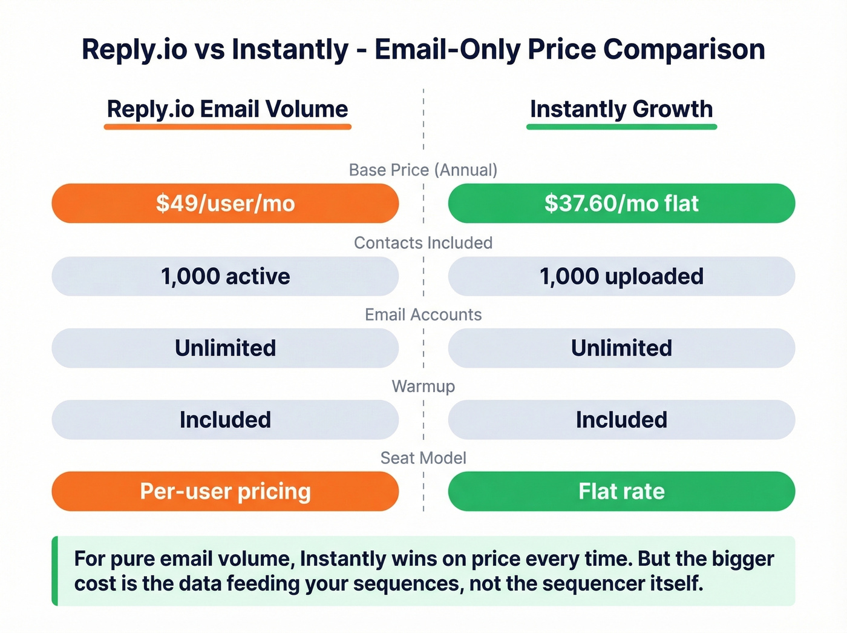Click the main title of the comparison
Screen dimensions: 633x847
coord(423,50)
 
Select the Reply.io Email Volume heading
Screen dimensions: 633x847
coord(227,109)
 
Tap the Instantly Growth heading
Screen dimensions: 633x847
coord(621,109)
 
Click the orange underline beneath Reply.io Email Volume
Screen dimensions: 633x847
coord(227,127)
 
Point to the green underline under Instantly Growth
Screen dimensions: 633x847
coord(621,127)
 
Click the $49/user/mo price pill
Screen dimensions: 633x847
coord(225,204)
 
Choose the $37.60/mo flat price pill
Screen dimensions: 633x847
coord(621,204)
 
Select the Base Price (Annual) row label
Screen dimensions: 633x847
coord(423,170)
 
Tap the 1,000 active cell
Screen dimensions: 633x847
coord(225,276)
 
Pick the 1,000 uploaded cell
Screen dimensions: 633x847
coord(621,276)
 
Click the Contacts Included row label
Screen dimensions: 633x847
coord(423,243)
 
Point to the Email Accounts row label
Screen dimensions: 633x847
coord(423,315)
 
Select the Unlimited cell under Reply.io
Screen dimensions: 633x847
coord(225,348)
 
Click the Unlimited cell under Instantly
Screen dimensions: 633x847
coord(621,348)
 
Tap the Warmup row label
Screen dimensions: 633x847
coord(423,386)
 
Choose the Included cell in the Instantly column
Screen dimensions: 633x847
coord(621,420)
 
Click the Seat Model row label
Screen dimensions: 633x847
coord(423,458)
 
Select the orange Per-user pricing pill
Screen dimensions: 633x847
coord(225,491)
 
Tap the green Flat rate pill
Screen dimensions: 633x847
coord(621,491)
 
